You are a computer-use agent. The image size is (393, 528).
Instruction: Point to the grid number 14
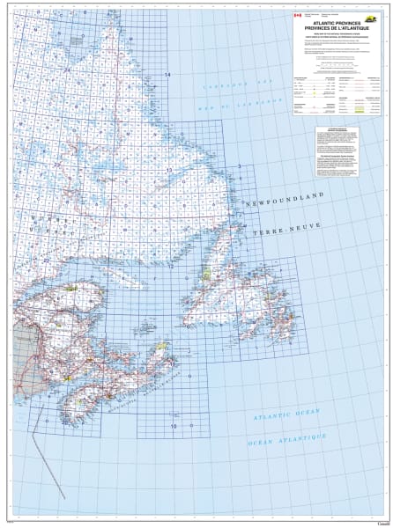point(167,75)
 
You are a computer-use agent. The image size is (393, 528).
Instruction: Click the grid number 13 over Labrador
point(169,169)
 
